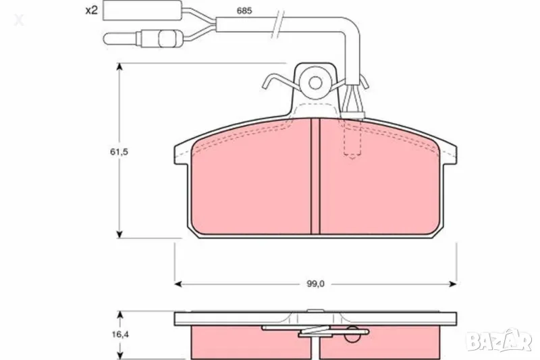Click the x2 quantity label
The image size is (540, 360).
(x=92, y=11)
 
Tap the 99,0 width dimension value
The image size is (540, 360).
(x=315, y=284)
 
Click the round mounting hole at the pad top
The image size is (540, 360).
(x=314, y=82)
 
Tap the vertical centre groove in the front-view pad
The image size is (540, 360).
(x=315, y=176)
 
